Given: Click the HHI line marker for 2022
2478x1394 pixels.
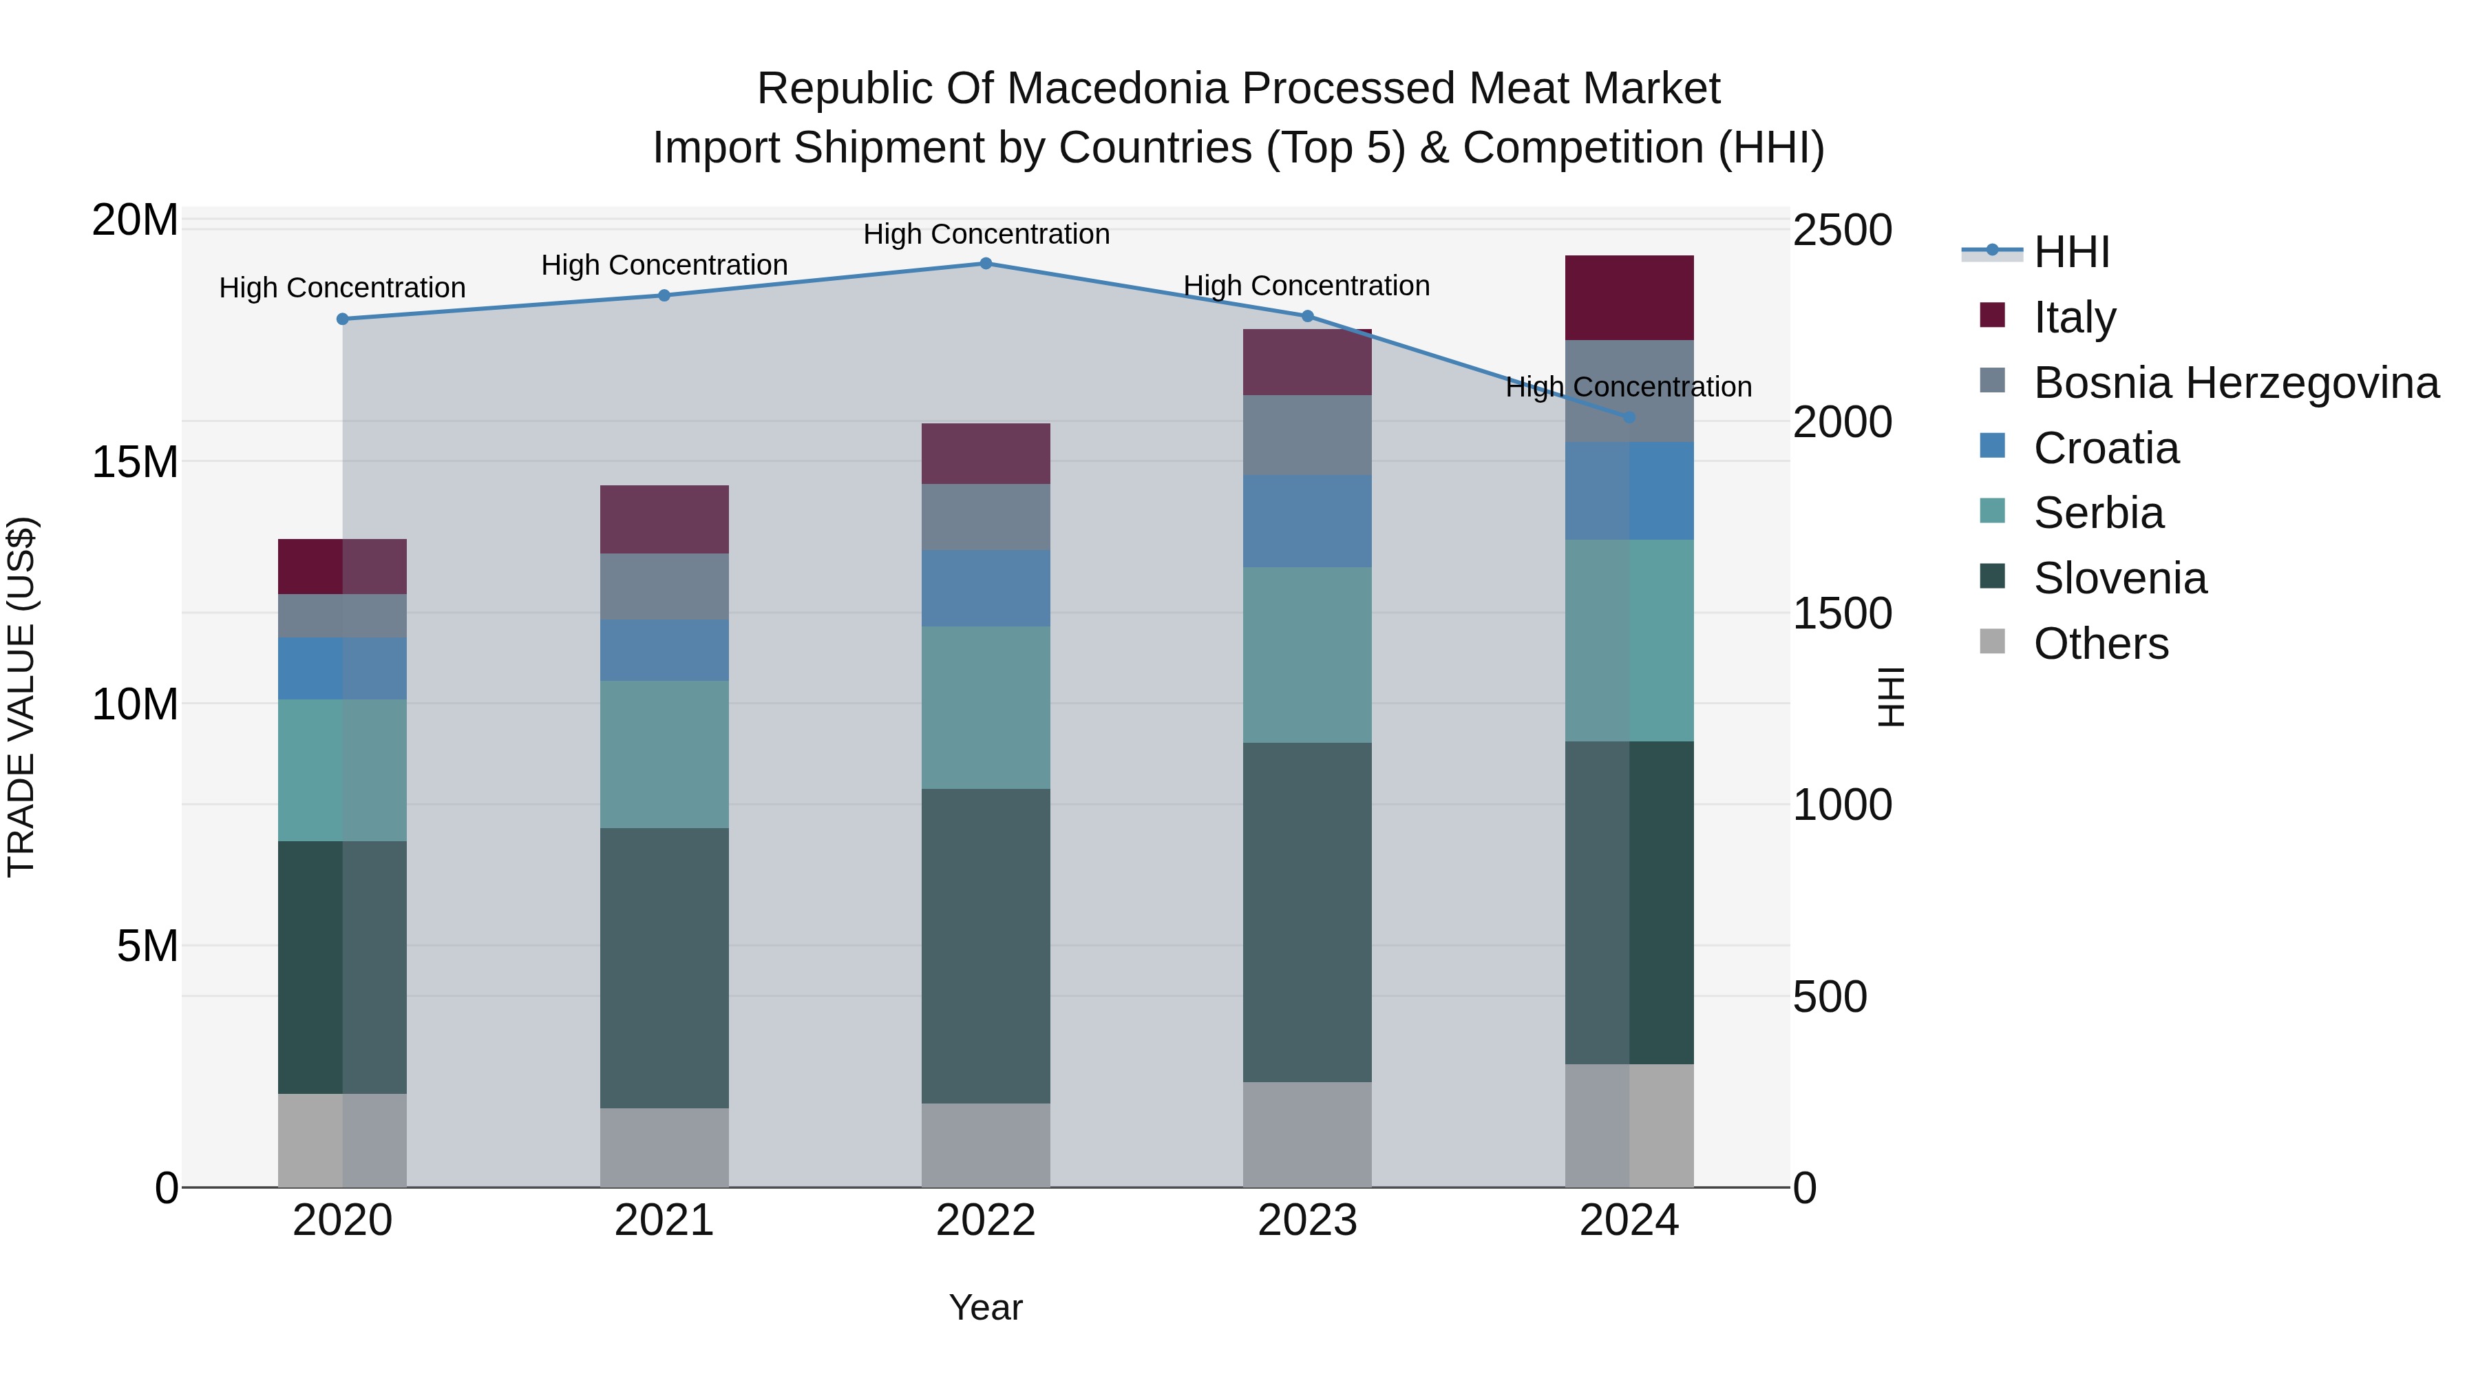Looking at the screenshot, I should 985,264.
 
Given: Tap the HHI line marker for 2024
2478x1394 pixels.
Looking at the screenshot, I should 1629,418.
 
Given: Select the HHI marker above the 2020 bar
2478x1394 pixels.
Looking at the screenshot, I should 343,319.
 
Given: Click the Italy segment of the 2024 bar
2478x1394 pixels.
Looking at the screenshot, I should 1629,298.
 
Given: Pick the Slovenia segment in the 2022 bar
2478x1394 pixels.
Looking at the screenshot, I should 985,946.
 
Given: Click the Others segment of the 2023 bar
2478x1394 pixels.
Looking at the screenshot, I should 1306,1134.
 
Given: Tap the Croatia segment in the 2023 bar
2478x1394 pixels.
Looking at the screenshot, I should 1306,520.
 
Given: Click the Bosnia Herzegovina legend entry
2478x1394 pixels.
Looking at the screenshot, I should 2236,383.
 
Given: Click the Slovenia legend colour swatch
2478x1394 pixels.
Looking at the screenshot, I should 1992,576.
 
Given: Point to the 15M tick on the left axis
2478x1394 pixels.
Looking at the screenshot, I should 135,463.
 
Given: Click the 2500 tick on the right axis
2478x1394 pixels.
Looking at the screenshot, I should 1841,231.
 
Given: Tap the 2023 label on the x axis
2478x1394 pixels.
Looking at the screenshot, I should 1306,1221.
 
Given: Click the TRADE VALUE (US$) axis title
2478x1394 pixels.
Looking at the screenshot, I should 21,697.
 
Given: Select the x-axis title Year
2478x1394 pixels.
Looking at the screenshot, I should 985,1307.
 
